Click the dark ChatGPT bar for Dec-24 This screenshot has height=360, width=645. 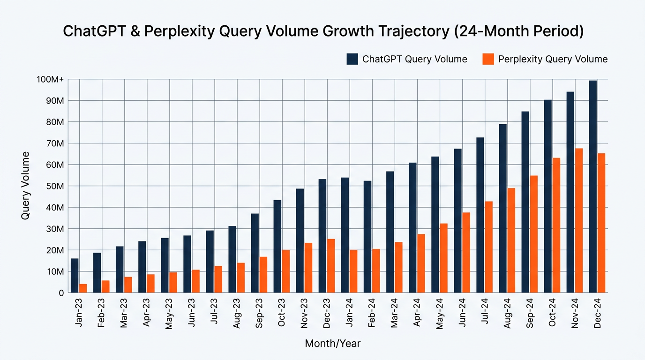click(593, 187)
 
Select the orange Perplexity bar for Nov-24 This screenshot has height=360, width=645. click(579, 221)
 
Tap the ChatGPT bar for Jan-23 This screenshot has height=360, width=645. click(75, 276)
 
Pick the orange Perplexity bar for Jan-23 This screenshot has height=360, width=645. click(83, 288)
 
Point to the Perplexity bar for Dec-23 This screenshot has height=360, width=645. click(331, 266)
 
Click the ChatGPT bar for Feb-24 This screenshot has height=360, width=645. click(367, 237)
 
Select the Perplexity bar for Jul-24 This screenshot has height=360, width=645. click(488, 247)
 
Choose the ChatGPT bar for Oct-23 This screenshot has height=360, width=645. click(277, 246)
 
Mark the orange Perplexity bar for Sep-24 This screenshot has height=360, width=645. click(534, 234)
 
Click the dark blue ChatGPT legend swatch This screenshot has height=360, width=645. click(352, 59)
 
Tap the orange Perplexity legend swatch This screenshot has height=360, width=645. click(488, 59)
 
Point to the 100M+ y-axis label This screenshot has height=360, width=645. click(50, 79)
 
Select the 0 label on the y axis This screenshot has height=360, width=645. click(61, 293)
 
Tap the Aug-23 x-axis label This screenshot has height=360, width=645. click(236, 313)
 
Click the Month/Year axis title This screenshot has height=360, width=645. click(333, 343)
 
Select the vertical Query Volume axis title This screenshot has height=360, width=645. click(25, 186)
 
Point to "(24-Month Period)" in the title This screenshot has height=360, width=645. click(519, 31)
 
